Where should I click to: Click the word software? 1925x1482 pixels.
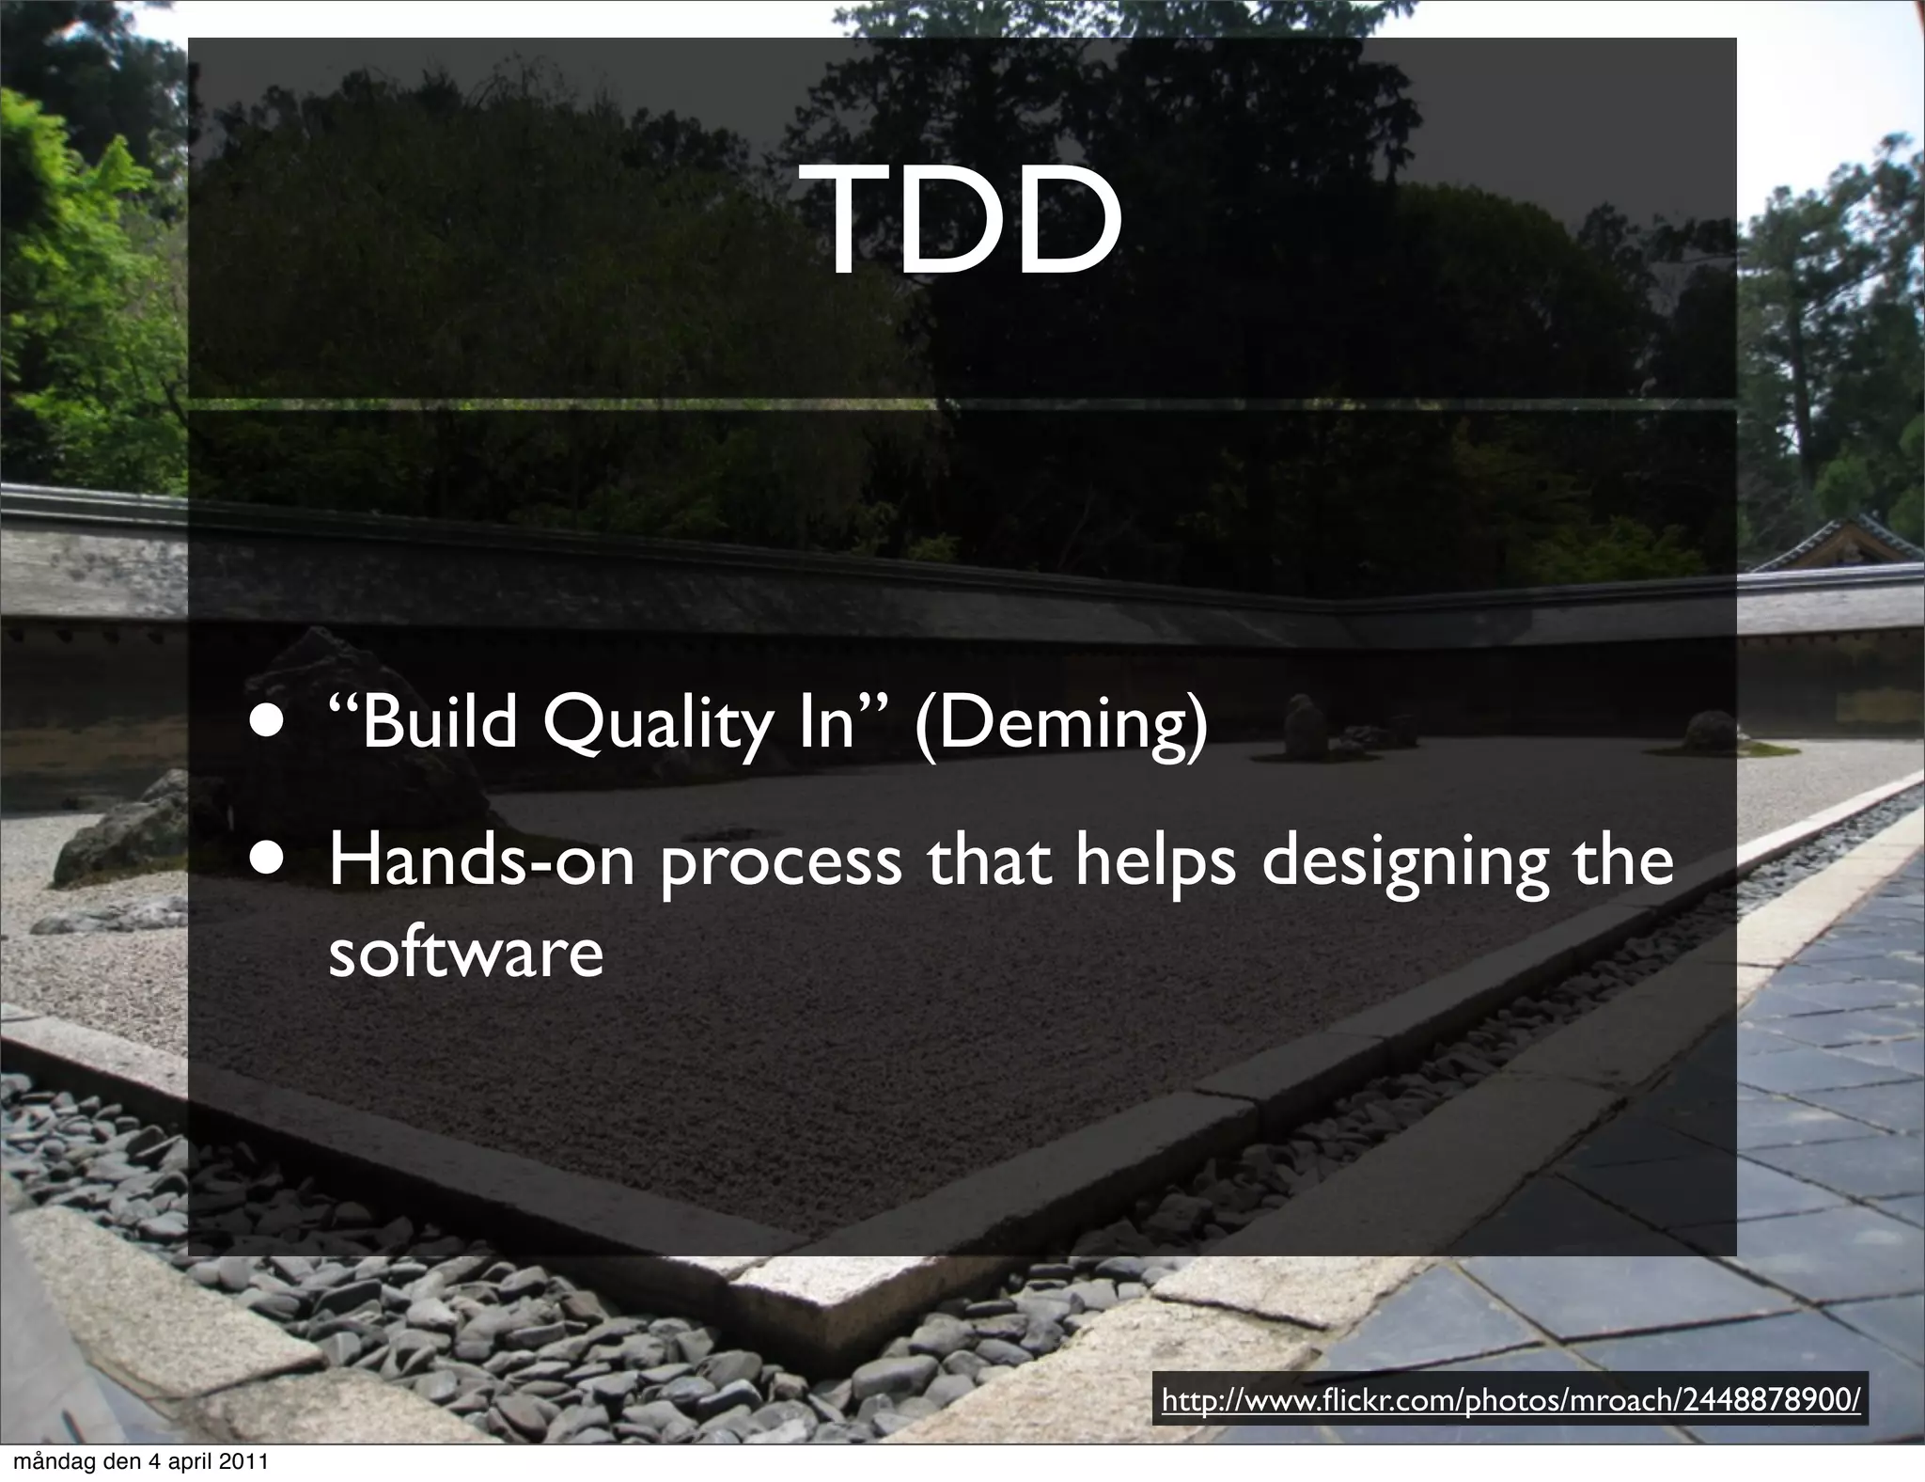tap(465, 953)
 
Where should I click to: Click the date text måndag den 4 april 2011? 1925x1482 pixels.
tap(137, 1462)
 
